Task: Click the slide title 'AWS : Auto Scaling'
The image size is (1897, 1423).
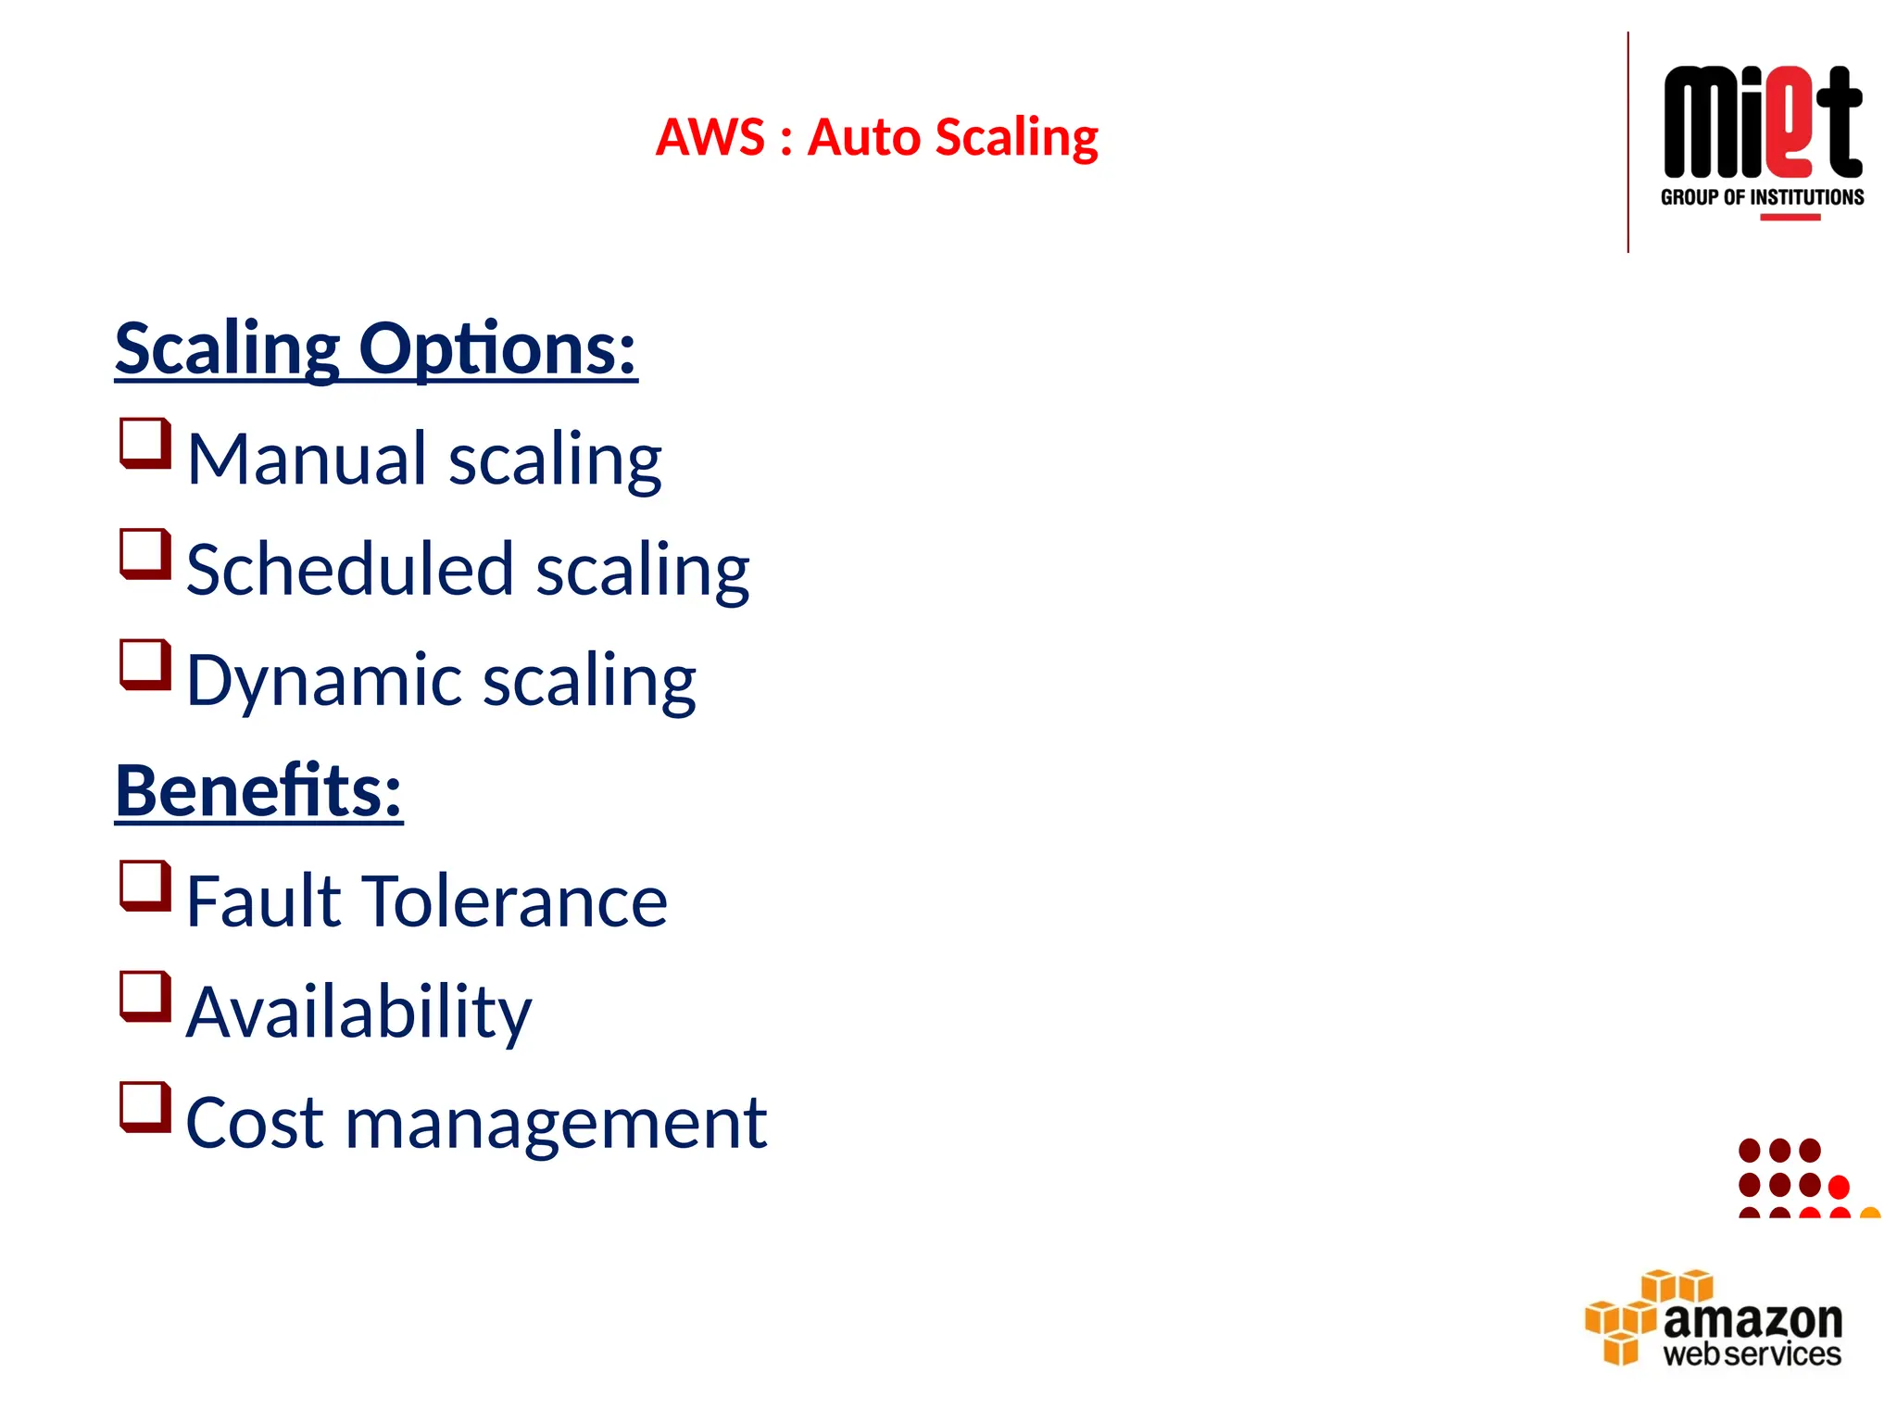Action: coord(876,138)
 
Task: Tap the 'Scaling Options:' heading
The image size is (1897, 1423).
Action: coord(376,349)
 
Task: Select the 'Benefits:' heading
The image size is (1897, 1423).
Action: coord(258,791)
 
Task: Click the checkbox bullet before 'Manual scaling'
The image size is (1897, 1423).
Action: coord(145,444)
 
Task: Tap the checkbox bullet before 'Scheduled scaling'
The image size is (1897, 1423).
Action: coord(145,554)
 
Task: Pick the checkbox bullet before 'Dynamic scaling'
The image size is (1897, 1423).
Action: coord(145,665)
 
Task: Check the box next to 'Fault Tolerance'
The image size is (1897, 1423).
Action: coord(145,887)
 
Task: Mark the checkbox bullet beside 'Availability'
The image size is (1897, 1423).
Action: coord(145,997)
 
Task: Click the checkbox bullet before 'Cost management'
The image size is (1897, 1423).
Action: coord(145,1107)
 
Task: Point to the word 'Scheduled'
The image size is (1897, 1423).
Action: coord(349,569)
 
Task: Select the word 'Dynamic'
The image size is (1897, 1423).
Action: coord(323,680)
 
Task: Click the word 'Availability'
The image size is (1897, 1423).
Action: coord(358,1012)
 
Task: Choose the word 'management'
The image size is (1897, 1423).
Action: coord(556,1123)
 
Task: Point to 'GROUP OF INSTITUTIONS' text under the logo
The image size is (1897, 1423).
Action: coord(1762,197)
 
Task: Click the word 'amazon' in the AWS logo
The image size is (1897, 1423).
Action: coord(1753,1319)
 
